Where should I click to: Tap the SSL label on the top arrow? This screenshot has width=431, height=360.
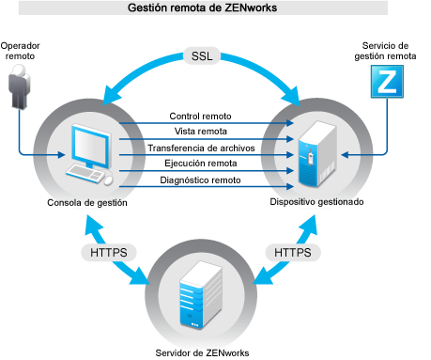pos(201,55)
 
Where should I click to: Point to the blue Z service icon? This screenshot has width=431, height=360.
pos(388,82)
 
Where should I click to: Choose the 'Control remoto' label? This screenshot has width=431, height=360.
pos(201,117)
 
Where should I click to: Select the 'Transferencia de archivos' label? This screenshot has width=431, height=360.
pos(201,149)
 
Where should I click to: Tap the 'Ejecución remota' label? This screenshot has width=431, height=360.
pos(201,164)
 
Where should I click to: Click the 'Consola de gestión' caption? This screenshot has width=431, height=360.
pos(87,203)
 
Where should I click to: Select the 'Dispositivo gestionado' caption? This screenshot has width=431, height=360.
pos(316,203)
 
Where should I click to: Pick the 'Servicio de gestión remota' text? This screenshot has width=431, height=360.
pos(389,51)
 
